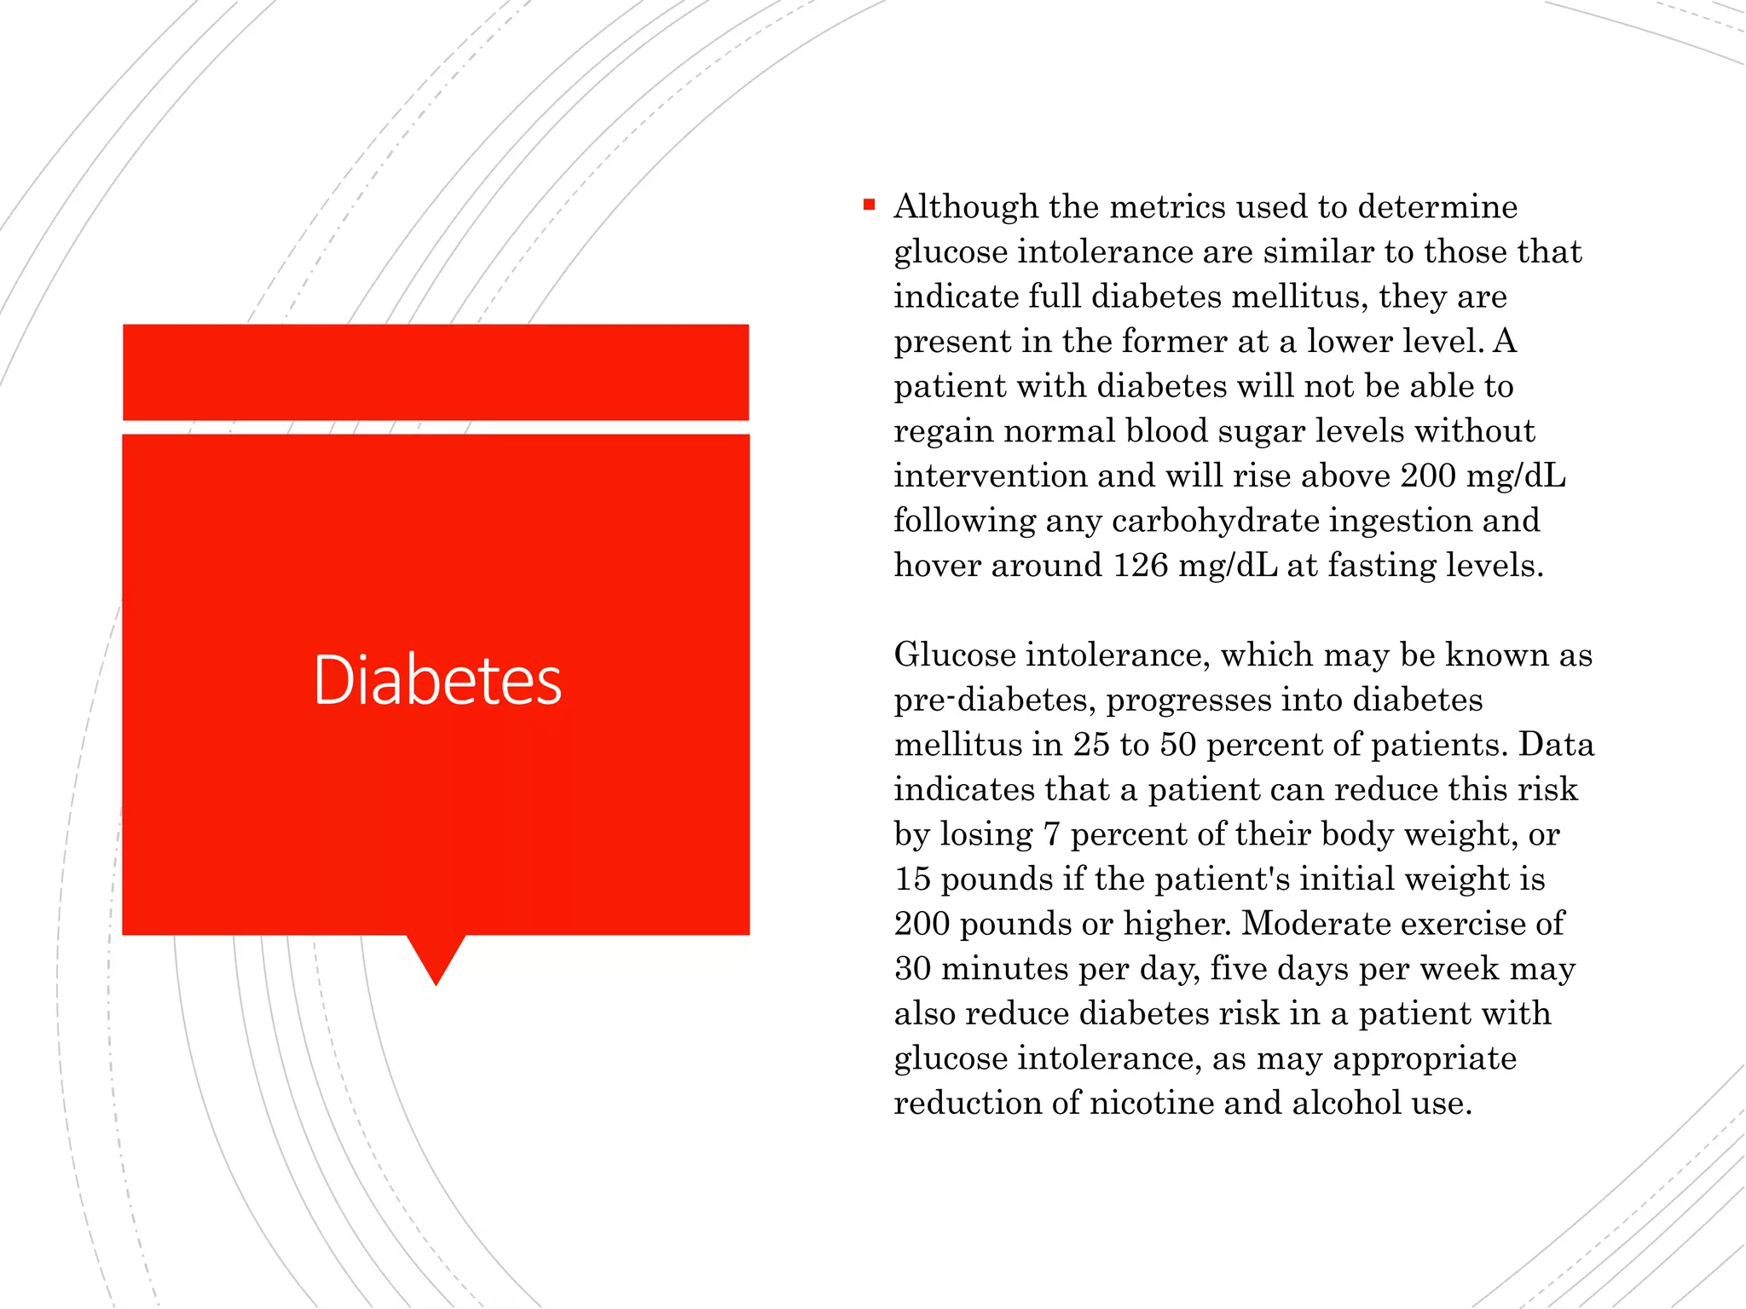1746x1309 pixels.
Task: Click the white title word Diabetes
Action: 437,680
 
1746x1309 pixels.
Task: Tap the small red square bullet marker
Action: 869,205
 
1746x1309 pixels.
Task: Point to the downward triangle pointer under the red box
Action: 436,959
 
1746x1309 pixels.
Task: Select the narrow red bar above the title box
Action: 436,372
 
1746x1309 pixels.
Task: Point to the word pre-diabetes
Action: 995,701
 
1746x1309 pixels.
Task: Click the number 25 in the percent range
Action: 1091,745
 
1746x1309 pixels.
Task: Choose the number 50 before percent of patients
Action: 1178,745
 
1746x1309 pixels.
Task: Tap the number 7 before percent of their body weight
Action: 1051,834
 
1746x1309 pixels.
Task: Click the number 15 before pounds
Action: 912,879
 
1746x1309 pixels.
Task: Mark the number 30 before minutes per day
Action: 913,969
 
